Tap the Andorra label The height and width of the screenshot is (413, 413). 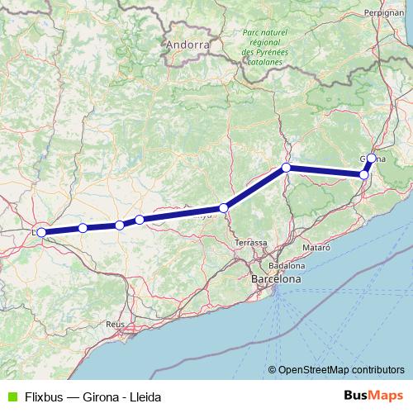[x=186, y=44]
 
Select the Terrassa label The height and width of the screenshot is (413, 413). [x=251, y=243]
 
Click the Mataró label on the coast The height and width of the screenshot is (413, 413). [x=316, y=248]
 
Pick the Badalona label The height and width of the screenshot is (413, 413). [x=286, y=266]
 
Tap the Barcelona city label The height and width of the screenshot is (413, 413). [x=276, y=280]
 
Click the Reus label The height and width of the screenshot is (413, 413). [x=115, y=325]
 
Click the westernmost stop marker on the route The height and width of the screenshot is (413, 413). [x=41, y=233]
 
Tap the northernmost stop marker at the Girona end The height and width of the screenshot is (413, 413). [x=372, y=158]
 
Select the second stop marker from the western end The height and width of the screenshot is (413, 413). [x=83, y=228]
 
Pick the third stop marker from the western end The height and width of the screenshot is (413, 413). [x=120, y=225]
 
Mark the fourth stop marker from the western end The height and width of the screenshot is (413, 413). [x=140, y=220]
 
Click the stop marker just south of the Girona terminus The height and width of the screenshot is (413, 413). [x=364, y=174]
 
